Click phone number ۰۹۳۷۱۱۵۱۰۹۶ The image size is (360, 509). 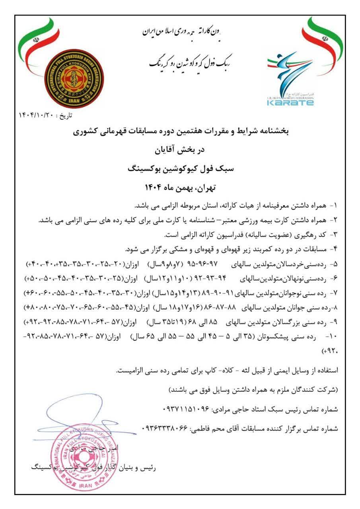click(x=185, y=408)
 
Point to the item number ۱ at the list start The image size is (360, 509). click(x=335, y=206)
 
